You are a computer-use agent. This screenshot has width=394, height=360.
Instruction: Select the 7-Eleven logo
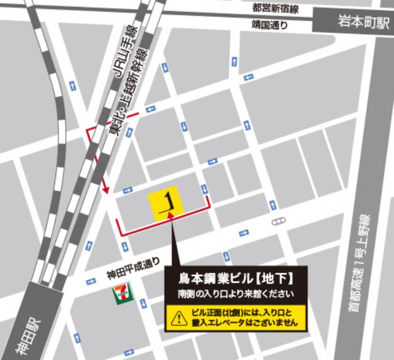[121, 293]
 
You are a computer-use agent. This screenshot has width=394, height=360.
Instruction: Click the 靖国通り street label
[270, 24]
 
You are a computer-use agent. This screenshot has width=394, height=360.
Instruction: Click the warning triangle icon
[176, 318]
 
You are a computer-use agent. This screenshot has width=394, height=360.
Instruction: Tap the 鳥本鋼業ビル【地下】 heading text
[236, 279]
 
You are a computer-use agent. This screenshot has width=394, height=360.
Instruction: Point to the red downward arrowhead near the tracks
[105, 189]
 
